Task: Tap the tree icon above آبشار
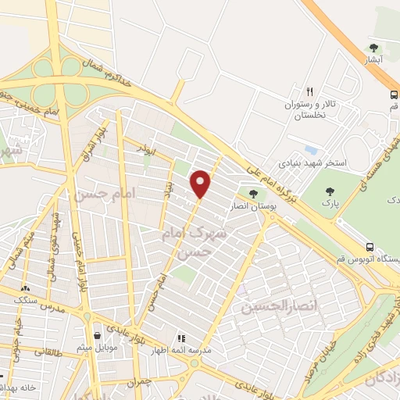tap(373, 48)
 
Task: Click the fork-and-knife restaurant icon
tap(310, 91)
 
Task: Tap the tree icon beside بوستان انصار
tap(252, 194)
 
